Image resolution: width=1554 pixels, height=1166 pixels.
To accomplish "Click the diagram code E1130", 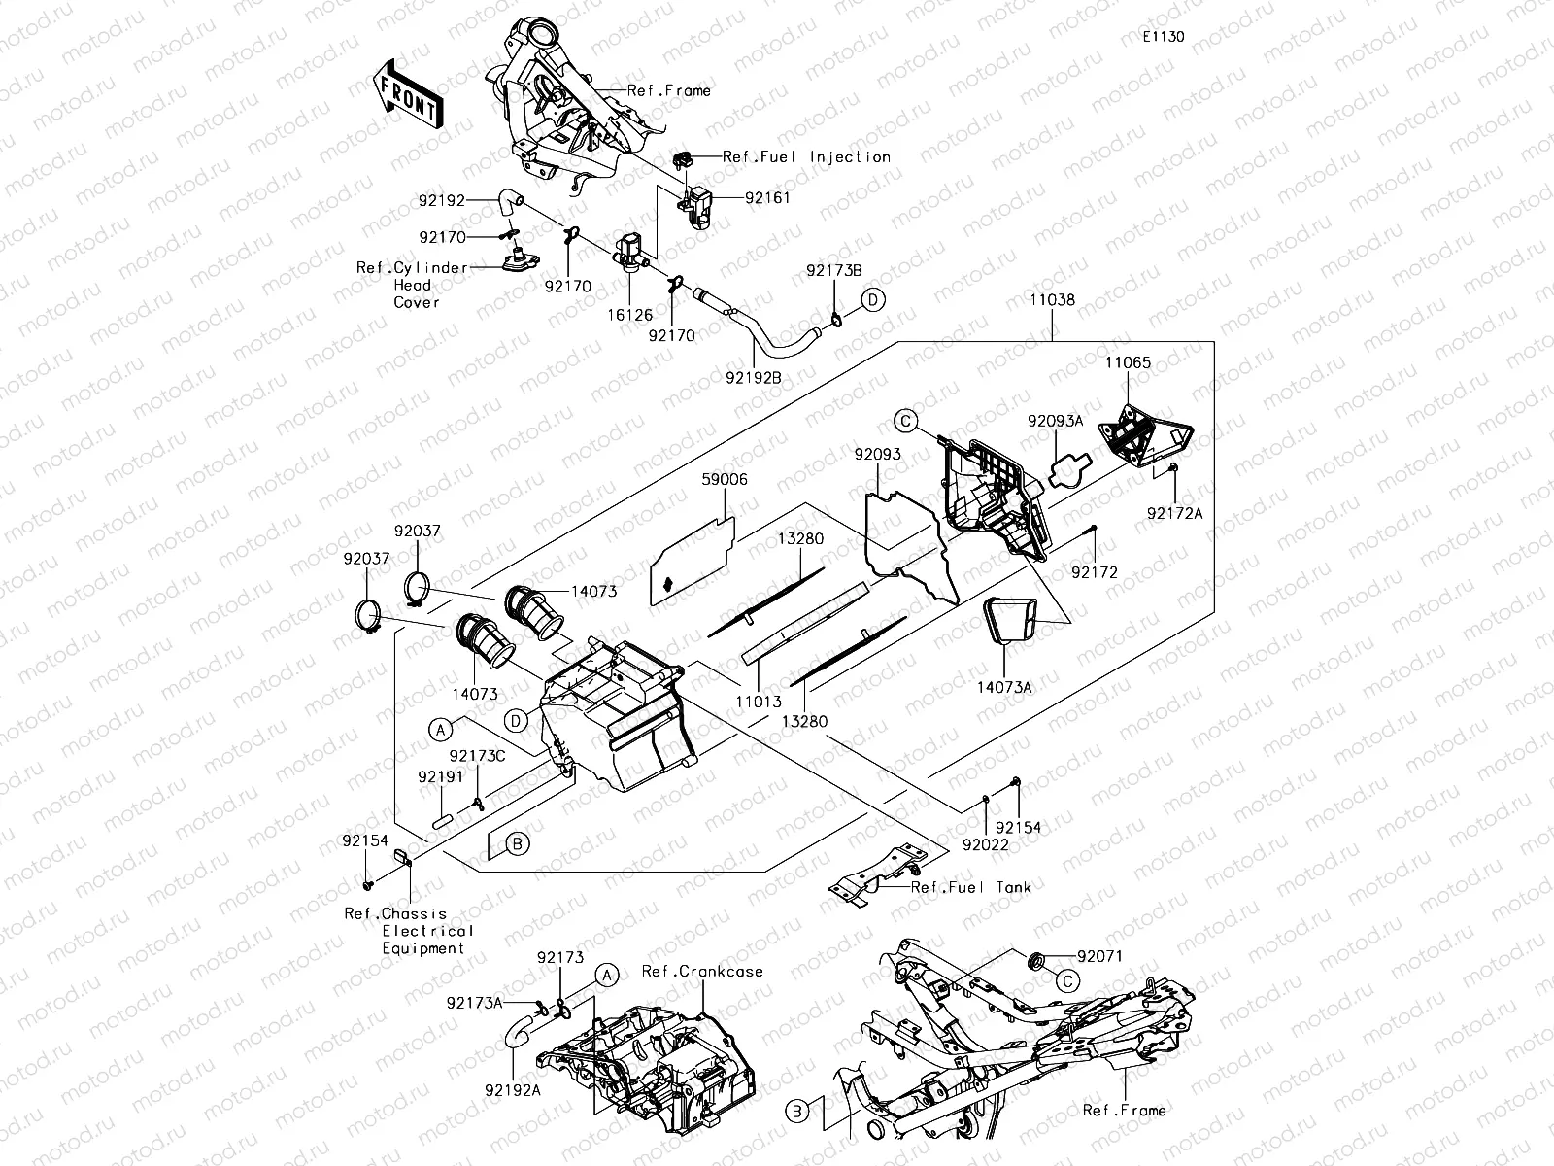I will pos(1163,37).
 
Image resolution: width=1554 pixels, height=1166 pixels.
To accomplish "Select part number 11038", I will pos(1053,301).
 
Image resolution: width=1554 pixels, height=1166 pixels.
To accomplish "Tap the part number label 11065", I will pos(1128,362).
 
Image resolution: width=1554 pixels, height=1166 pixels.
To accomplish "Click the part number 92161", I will pos(767,197).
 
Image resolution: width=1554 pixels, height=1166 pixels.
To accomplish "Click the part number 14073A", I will pos(1004,687).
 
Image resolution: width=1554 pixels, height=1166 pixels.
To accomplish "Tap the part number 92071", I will pos(1098,956).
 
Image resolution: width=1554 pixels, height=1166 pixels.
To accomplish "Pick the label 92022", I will pos(986,845).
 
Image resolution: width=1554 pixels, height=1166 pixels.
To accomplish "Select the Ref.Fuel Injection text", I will pos(806,156).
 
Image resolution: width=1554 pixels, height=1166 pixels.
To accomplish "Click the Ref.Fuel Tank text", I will pos(971,887).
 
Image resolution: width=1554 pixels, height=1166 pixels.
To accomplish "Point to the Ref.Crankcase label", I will pos(702,972).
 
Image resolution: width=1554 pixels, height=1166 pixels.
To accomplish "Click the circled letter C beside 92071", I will pos(1065,980).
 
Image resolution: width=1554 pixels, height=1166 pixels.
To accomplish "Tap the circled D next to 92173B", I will pos(872,299).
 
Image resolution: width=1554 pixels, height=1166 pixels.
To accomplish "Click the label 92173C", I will pos(478,755).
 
